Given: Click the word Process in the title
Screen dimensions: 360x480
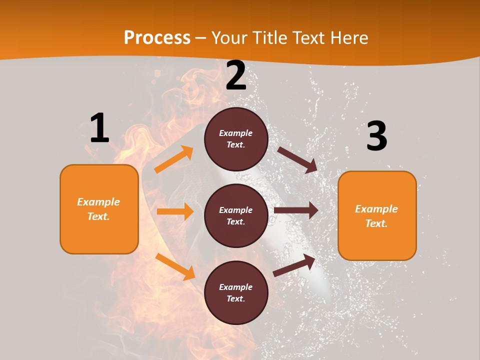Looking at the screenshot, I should click(x=157, y=38).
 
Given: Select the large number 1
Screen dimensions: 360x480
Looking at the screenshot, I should click(x=99, y=128).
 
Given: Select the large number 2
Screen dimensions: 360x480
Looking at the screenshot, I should click(x=236, y=76).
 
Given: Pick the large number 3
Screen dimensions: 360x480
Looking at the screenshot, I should click(x=376, y=136).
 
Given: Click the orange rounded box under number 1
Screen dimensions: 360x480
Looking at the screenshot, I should click(x=99, y=209).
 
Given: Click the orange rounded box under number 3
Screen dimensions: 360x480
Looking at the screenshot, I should click(x=377, y=215).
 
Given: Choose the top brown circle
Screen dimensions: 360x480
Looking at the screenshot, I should click(x=236, y=139).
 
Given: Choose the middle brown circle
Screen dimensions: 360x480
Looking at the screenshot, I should click(x=236, y=215).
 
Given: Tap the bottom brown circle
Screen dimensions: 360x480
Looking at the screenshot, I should click(x=236, y=292).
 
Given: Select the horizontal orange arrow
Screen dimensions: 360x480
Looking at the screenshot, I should click(x=175, y=211).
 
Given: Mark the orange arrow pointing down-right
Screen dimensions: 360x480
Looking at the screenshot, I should click(x=175, y=266).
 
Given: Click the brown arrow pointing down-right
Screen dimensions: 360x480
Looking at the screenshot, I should click(x=297, y=159).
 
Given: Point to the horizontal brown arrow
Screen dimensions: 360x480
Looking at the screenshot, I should click(x=296, y=210).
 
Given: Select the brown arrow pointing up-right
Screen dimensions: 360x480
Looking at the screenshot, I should click(x=294, y=265).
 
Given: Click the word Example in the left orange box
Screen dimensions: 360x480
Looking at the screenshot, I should click(x=98, y=202).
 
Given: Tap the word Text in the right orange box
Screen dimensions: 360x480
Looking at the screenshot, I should click(x=376, y=223).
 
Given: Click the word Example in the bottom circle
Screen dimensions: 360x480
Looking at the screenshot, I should click(x=236, y=287).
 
